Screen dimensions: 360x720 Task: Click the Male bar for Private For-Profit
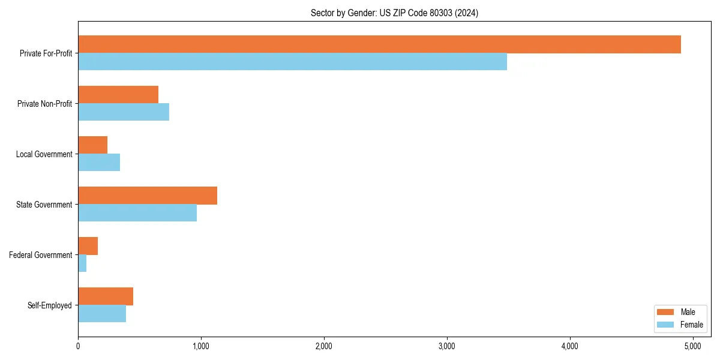tap(379, 44)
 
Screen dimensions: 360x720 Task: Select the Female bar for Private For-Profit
tap(292, 62)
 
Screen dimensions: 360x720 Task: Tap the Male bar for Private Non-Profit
tap(118, 95)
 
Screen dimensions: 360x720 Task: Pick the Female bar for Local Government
tap(99, 163)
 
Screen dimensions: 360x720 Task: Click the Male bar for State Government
tap(148, 196)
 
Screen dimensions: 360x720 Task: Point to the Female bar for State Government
tap(137, 213)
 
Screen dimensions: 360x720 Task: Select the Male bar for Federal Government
tap(88, 246)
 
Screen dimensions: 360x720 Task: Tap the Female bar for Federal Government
tap(82, 263)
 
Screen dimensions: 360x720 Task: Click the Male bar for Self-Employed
tap(106, 296)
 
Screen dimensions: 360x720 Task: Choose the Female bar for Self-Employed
tap(102, 314)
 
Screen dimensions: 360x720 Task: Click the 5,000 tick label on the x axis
tap(692, 346)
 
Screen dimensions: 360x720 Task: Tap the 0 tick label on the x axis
tap(78, 346)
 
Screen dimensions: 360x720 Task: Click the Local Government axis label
tap(44, 154)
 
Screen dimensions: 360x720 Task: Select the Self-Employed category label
tap(49, 305)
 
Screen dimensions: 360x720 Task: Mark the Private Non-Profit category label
tap(44, 104)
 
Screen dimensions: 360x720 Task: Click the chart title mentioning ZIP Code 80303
tap(394, 13)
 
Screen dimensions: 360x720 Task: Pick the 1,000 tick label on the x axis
tap(201, 346)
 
